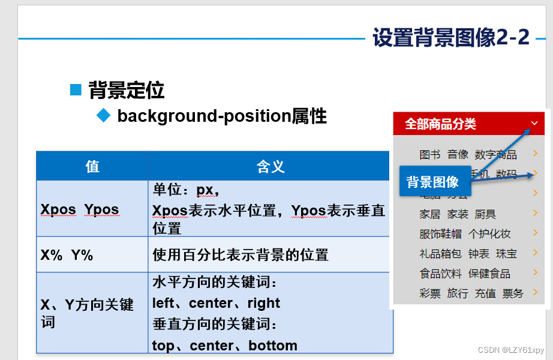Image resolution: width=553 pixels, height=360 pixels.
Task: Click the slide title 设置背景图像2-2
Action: pos(451,37)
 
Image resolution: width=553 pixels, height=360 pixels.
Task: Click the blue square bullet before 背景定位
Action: pos(76,90)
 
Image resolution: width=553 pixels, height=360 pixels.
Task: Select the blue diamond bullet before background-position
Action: pos(104,115)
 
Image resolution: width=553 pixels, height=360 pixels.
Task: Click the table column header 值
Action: pos(92,166)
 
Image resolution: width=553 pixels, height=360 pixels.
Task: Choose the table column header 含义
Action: pos(271,166)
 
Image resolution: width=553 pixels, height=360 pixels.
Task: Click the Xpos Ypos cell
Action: pos(80,209)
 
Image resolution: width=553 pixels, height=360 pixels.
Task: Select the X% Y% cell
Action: pos(67,254)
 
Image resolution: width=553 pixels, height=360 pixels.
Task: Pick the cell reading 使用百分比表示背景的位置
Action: pos(241,254)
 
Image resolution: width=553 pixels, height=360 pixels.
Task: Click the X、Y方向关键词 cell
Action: pos(87,313)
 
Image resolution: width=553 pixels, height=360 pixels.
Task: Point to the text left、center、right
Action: pos(216,303)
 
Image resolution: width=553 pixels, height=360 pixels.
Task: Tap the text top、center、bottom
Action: pos(224,346)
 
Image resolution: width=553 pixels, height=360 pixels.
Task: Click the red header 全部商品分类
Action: pos(440,124)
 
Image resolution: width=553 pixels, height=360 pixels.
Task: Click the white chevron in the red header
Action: pos(534,124)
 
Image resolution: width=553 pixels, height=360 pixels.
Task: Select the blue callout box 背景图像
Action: pos(432,182)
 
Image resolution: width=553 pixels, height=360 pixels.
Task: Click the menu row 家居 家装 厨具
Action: pos(458,214)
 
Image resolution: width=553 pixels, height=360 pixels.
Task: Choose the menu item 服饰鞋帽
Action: pos(440,234)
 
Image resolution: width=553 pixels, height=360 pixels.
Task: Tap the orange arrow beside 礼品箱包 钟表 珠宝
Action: pos(535,253)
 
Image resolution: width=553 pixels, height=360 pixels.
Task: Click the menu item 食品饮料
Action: pos(440,274)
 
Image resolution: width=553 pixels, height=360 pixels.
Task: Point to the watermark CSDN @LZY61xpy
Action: pos(512,350)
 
